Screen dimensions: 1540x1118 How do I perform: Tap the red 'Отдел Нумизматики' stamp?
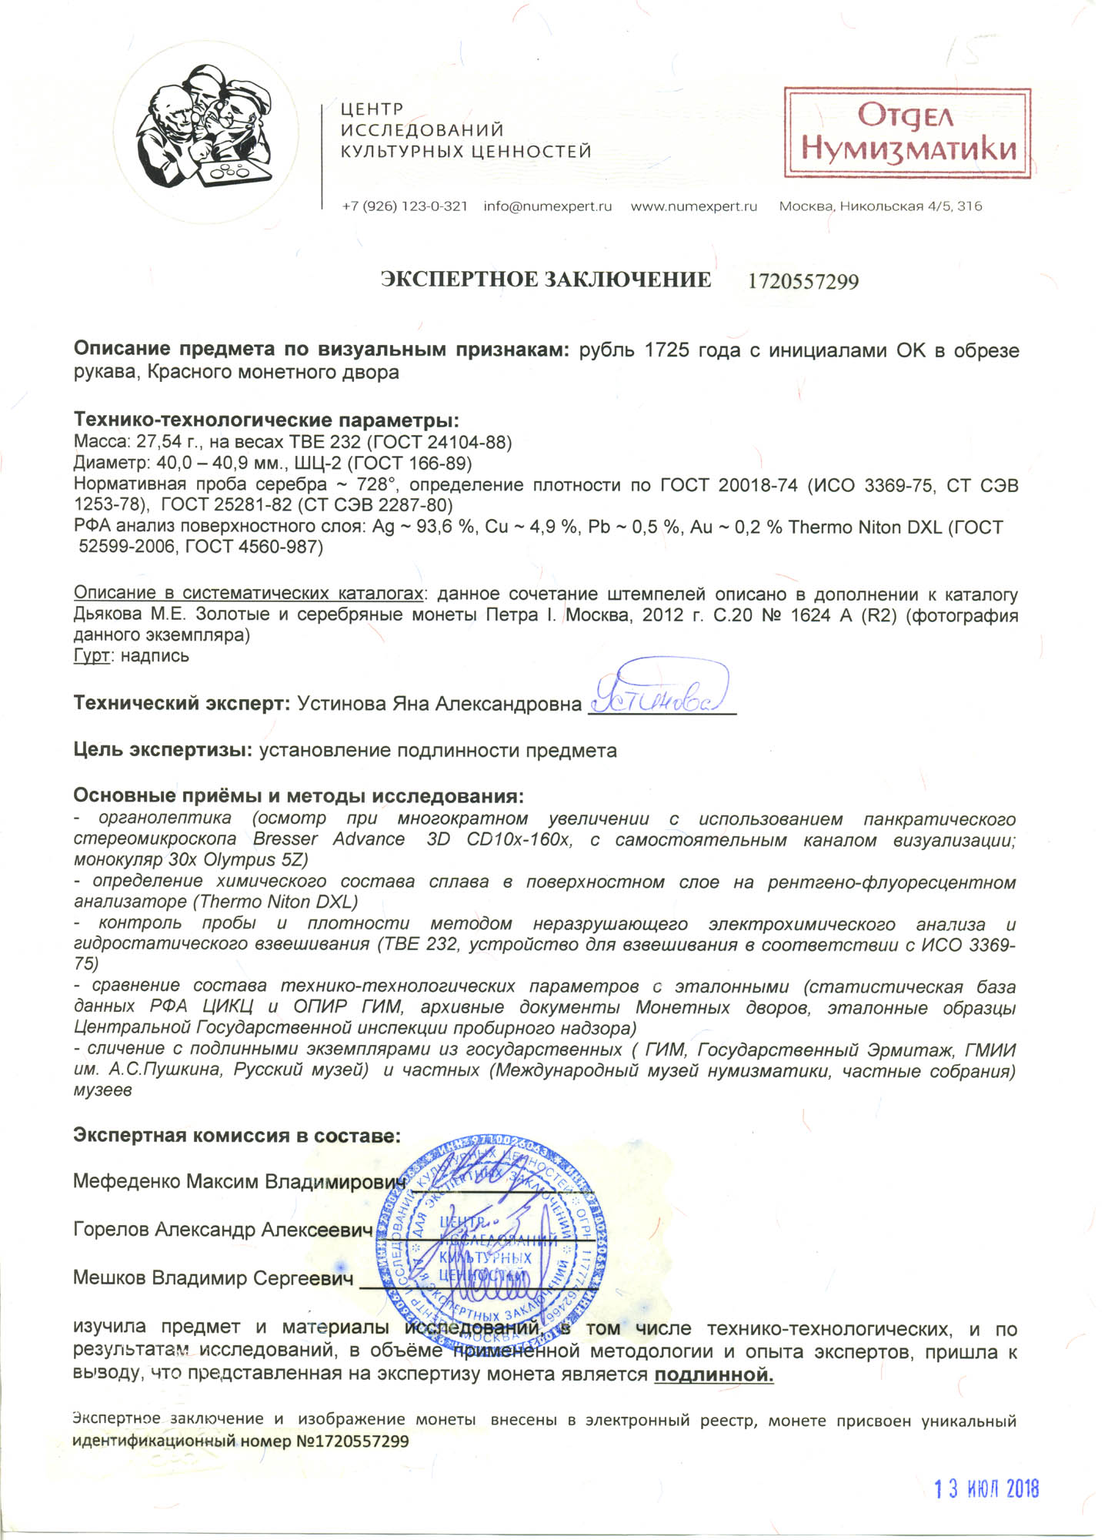tap(907, 133)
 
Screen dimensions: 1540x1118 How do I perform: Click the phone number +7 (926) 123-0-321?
tap(405, 206)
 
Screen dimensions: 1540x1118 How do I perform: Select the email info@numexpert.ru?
tap(548, 206)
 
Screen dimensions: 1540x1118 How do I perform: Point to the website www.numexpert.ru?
tap(694, 206)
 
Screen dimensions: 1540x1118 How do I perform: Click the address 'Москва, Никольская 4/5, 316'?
tap(880, 206)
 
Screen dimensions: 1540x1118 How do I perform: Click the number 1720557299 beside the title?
tap(803, 282)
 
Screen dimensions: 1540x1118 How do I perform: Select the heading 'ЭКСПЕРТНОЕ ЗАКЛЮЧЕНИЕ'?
tap(546, 280)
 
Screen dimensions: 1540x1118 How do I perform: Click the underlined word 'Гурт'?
tap(91, 656)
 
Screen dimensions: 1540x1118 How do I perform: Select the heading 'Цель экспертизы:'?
tap(163, 750)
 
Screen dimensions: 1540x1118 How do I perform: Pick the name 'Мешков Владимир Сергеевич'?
tap(213, 1278)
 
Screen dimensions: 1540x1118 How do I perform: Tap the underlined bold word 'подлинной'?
tap(713, 1374)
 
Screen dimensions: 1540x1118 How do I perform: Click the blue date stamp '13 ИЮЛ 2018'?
tap(986, 1489)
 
